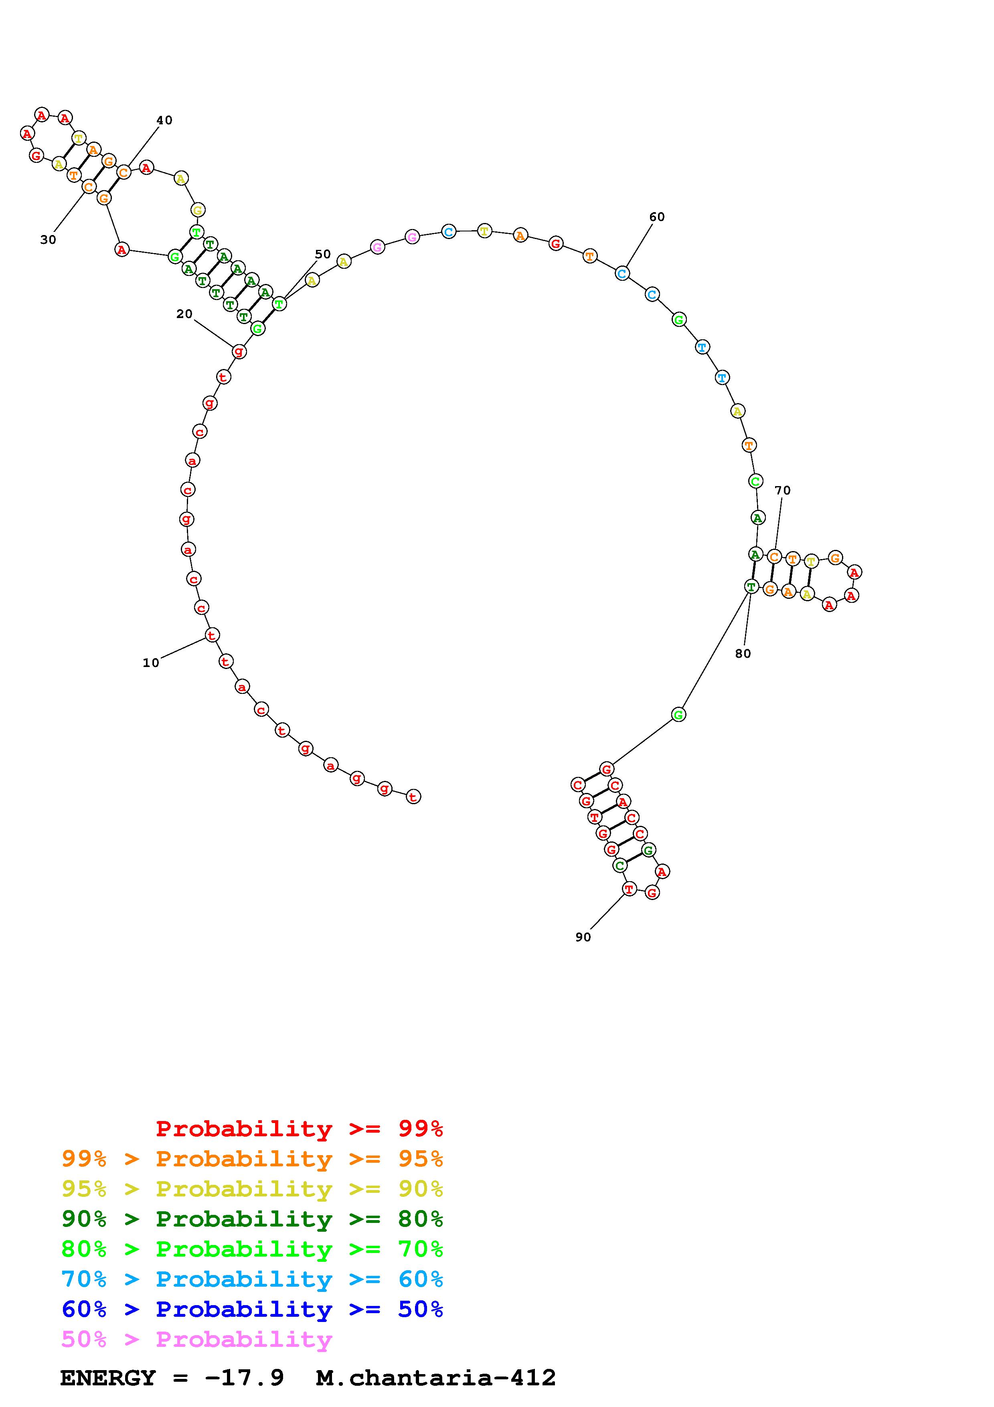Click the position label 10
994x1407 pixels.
pyautogui.click(x=151, y=663)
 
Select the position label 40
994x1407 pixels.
pyautogui.click(x=164, y=120)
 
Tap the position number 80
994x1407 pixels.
pyautogui.click(x=743, y=654)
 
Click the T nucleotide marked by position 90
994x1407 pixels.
pyautogui.click(x=630, y=888)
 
